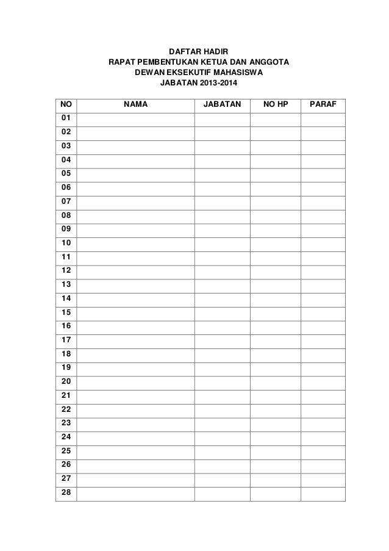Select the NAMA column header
coord(135,104)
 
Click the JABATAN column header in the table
coord(222,104)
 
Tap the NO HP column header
coord(275,104)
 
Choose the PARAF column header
coord(323,104)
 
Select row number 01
coord(66,117)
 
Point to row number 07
coord(66,200)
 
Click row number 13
coord(66,284)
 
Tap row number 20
coord(66,381)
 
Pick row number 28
coord(66,492)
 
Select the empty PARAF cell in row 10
coord(323,243)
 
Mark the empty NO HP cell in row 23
coord(275,423)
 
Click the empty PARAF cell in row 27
coord(323,479)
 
